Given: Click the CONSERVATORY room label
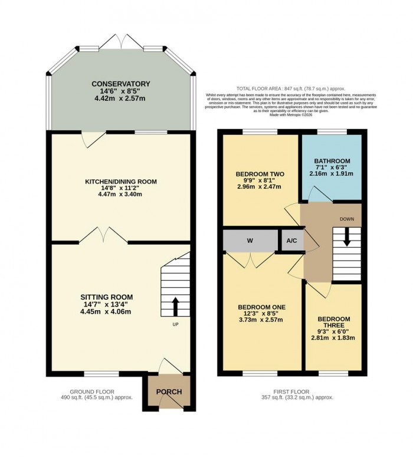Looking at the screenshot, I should [x=120, y=84].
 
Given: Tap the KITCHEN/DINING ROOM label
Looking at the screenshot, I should [x=120, y=182].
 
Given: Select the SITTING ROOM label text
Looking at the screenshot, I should [x=107, y=297].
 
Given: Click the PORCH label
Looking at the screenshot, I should [x=169, y=392].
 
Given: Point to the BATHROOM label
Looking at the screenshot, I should [x=332, y=161].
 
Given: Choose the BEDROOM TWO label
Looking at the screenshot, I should [x=260, y=174].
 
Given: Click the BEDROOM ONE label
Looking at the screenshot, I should [x=261, y=307].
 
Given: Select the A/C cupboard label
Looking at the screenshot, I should [x=291, y=241].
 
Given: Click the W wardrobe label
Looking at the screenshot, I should [x=251, y=241].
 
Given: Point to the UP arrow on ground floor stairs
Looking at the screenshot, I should [x=175, y=307].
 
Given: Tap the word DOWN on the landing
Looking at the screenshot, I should [x=347, y=218].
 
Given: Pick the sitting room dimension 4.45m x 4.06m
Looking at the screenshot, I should [x=107, y=312].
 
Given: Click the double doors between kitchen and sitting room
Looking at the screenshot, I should [x=103, y=236].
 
